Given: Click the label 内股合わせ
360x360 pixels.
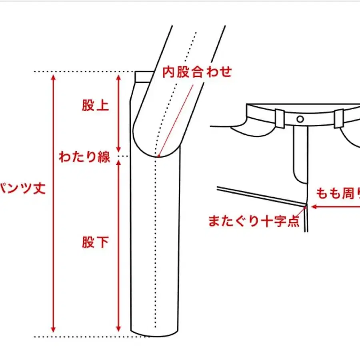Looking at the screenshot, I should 197,72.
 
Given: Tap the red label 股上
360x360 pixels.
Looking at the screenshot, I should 95,106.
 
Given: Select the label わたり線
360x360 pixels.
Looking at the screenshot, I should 84,156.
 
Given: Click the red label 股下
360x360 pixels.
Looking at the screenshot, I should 95,242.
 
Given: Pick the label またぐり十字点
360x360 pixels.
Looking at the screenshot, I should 254,221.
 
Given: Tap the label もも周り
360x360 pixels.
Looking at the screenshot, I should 338,194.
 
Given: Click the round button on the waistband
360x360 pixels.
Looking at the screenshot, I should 300,118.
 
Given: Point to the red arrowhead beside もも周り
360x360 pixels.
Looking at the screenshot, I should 314,207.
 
